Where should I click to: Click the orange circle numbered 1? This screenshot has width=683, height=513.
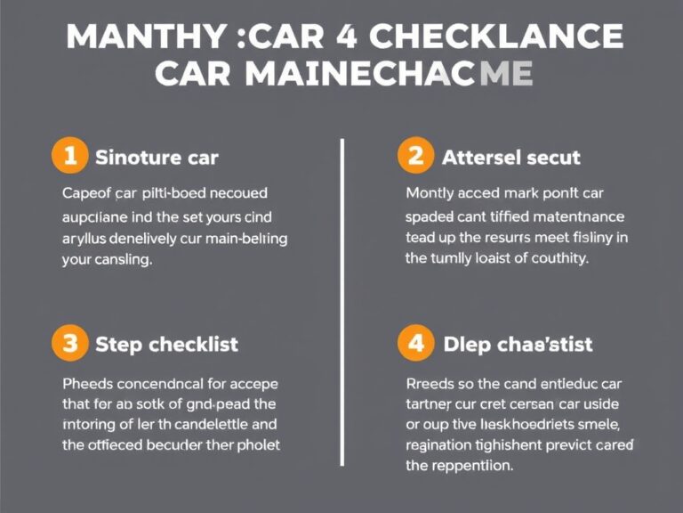pyautogui.click(x=70, y=158)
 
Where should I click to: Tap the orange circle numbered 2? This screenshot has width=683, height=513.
pyautogui.click(x=415, y=157)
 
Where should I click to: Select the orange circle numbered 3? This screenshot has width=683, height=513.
pyautogui.click(x=70, y=343)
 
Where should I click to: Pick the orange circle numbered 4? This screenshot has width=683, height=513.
pyautogui.click(x=415, y=343)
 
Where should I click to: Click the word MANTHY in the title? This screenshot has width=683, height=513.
pyautogui.click(x=141, y=37)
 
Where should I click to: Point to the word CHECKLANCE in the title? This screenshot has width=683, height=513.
pyautogui.click(x=496, y=37)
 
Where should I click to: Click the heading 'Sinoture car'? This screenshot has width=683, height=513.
pyautogui.click(x=156, y=159)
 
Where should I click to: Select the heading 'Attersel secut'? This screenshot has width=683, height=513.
pyautogui.click(x=510, y=159)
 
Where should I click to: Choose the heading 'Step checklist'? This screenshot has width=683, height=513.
pyautogui.click(x=166, y=345)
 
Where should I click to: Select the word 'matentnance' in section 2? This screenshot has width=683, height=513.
pyautogui.click(x=579, y=216)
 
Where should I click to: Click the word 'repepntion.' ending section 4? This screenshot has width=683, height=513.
pyautogui.click(x=460, y=466)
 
